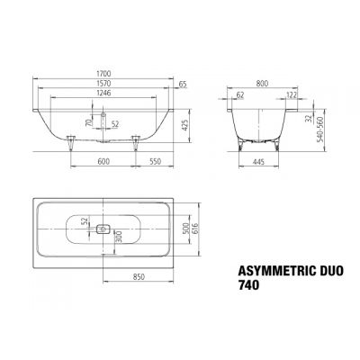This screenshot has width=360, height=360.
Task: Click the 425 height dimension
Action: point(184,125)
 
